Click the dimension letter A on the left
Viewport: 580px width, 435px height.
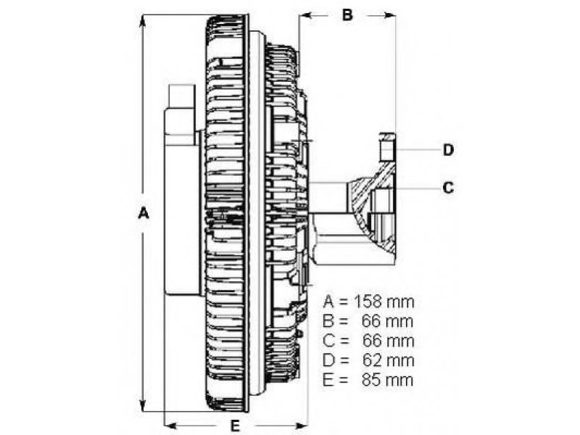[143, 213]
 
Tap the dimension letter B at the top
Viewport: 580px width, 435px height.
[347, 15]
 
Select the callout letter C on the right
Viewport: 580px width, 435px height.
[448, 188]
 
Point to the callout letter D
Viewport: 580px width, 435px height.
[448, 150]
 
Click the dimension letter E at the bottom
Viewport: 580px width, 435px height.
[235, 426]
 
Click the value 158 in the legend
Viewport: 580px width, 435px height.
[368, 302]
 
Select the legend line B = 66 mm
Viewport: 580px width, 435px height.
[368, 321]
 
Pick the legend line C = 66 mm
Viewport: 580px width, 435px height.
[368, 341]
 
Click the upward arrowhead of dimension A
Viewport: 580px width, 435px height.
[142, 22]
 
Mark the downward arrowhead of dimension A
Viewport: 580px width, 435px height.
[143, 405]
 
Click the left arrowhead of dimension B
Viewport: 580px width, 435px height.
[305, 15]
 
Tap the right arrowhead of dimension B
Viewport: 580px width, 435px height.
[389, 15]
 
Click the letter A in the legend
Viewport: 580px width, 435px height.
[328, 302]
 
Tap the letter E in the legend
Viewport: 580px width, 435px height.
[328, 380]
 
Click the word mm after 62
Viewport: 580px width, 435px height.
[400, 361]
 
